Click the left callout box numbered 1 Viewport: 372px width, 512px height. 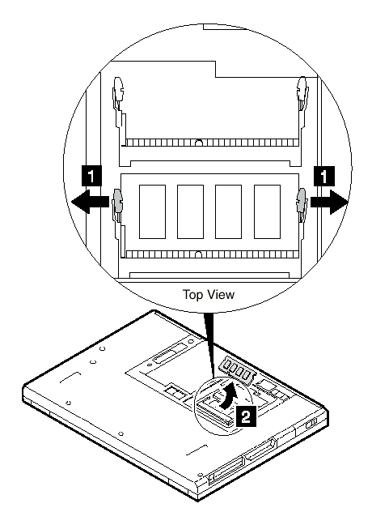91,177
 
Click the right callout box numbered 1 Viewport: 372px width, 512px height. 324,177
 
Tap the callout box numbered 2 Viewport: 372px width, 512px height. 246,416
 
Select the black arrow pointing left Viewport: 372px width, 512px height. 91,202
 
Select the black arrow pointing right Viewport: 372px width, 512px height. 329,202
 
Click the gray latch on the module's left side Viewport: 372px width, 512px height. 117,200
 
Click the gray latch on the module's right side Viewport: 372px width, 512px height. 302,200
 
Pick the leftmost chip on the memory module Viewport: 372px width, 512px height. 152,211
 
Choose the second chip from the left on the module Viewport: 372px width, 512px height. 190,211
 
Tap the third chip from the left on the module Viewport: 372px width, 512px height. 229,211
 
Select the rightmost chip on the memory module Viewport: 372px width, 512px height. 267,211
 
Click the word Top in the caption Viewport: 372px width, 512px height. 193,295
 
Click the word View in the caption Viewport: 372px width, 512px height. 221,294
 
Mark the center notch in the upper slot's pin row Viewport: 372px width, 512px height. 199,143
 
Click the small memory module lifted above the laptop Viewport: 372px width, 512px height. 238,371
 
